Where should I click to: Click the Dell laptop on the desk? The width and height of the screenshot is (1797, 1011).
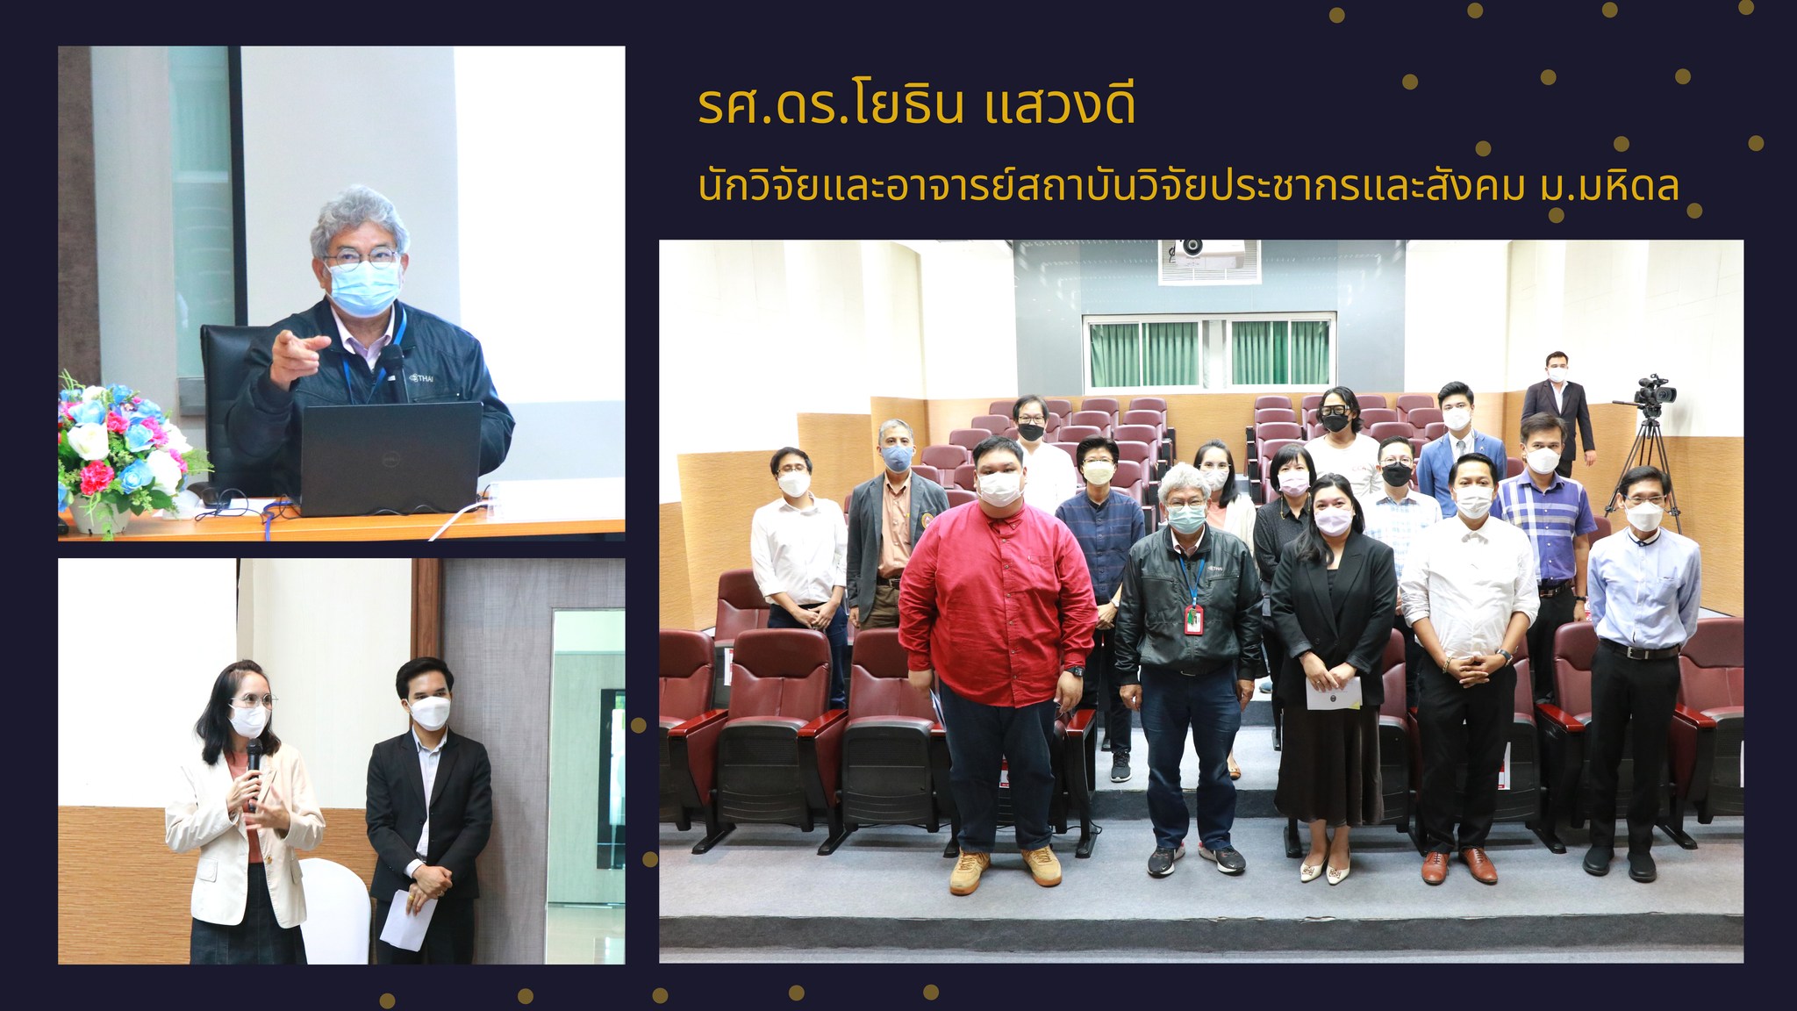point(390,459)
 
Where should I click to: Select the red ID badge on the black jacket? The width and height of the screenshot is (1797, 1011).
point(1193,620)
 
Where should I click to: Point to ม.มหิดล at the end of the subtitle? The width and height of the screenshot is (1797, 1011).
point(1610,187)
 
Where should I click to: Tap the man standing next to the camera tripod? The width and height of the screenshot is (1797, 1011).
point(1557,412)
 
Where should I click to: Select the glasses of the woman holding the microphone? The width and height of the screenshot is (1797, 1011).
point(252,702)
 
